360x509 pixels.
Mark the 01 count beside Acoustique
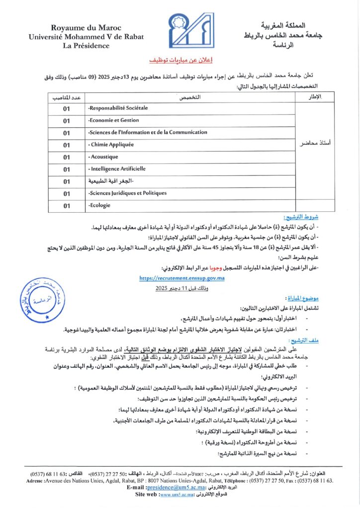67,157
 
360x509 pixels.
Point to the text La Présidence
79,46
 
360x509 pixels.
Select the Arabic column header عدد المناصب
67,96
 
